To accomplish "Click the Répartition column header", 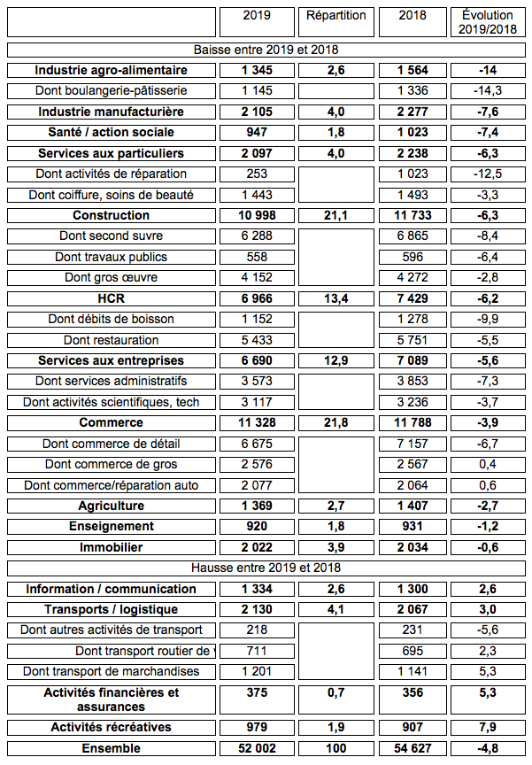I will pos(335,16).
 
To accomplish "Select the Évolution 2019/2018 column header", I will pos(488,22).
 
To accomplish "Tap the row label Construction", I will pos(112,215).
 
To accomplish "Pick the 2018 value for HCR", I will pos(412,298).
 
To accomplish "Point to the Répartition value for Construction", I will pos(335,215).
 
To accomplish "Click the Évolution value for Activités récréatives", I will pos(488,727).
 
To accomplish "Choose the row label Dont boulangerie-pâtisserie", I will pos(112,90).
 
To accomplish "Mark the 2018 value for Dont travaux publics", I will pos(412,257).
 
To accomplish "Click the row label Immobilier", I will pos(112,547).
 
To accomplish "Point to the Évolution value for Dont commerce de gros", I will pos(488,464).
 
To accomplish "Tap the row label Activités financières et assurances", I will pos(112,699).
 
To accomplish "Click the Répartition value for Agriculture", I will pos(335,506).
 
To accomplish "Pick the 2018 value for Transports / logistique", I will pos(412,609).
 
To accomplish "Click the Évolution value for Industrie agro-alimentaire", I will pos(488,70).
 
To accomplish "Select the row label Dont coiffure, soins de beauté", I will pos(112,195).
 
